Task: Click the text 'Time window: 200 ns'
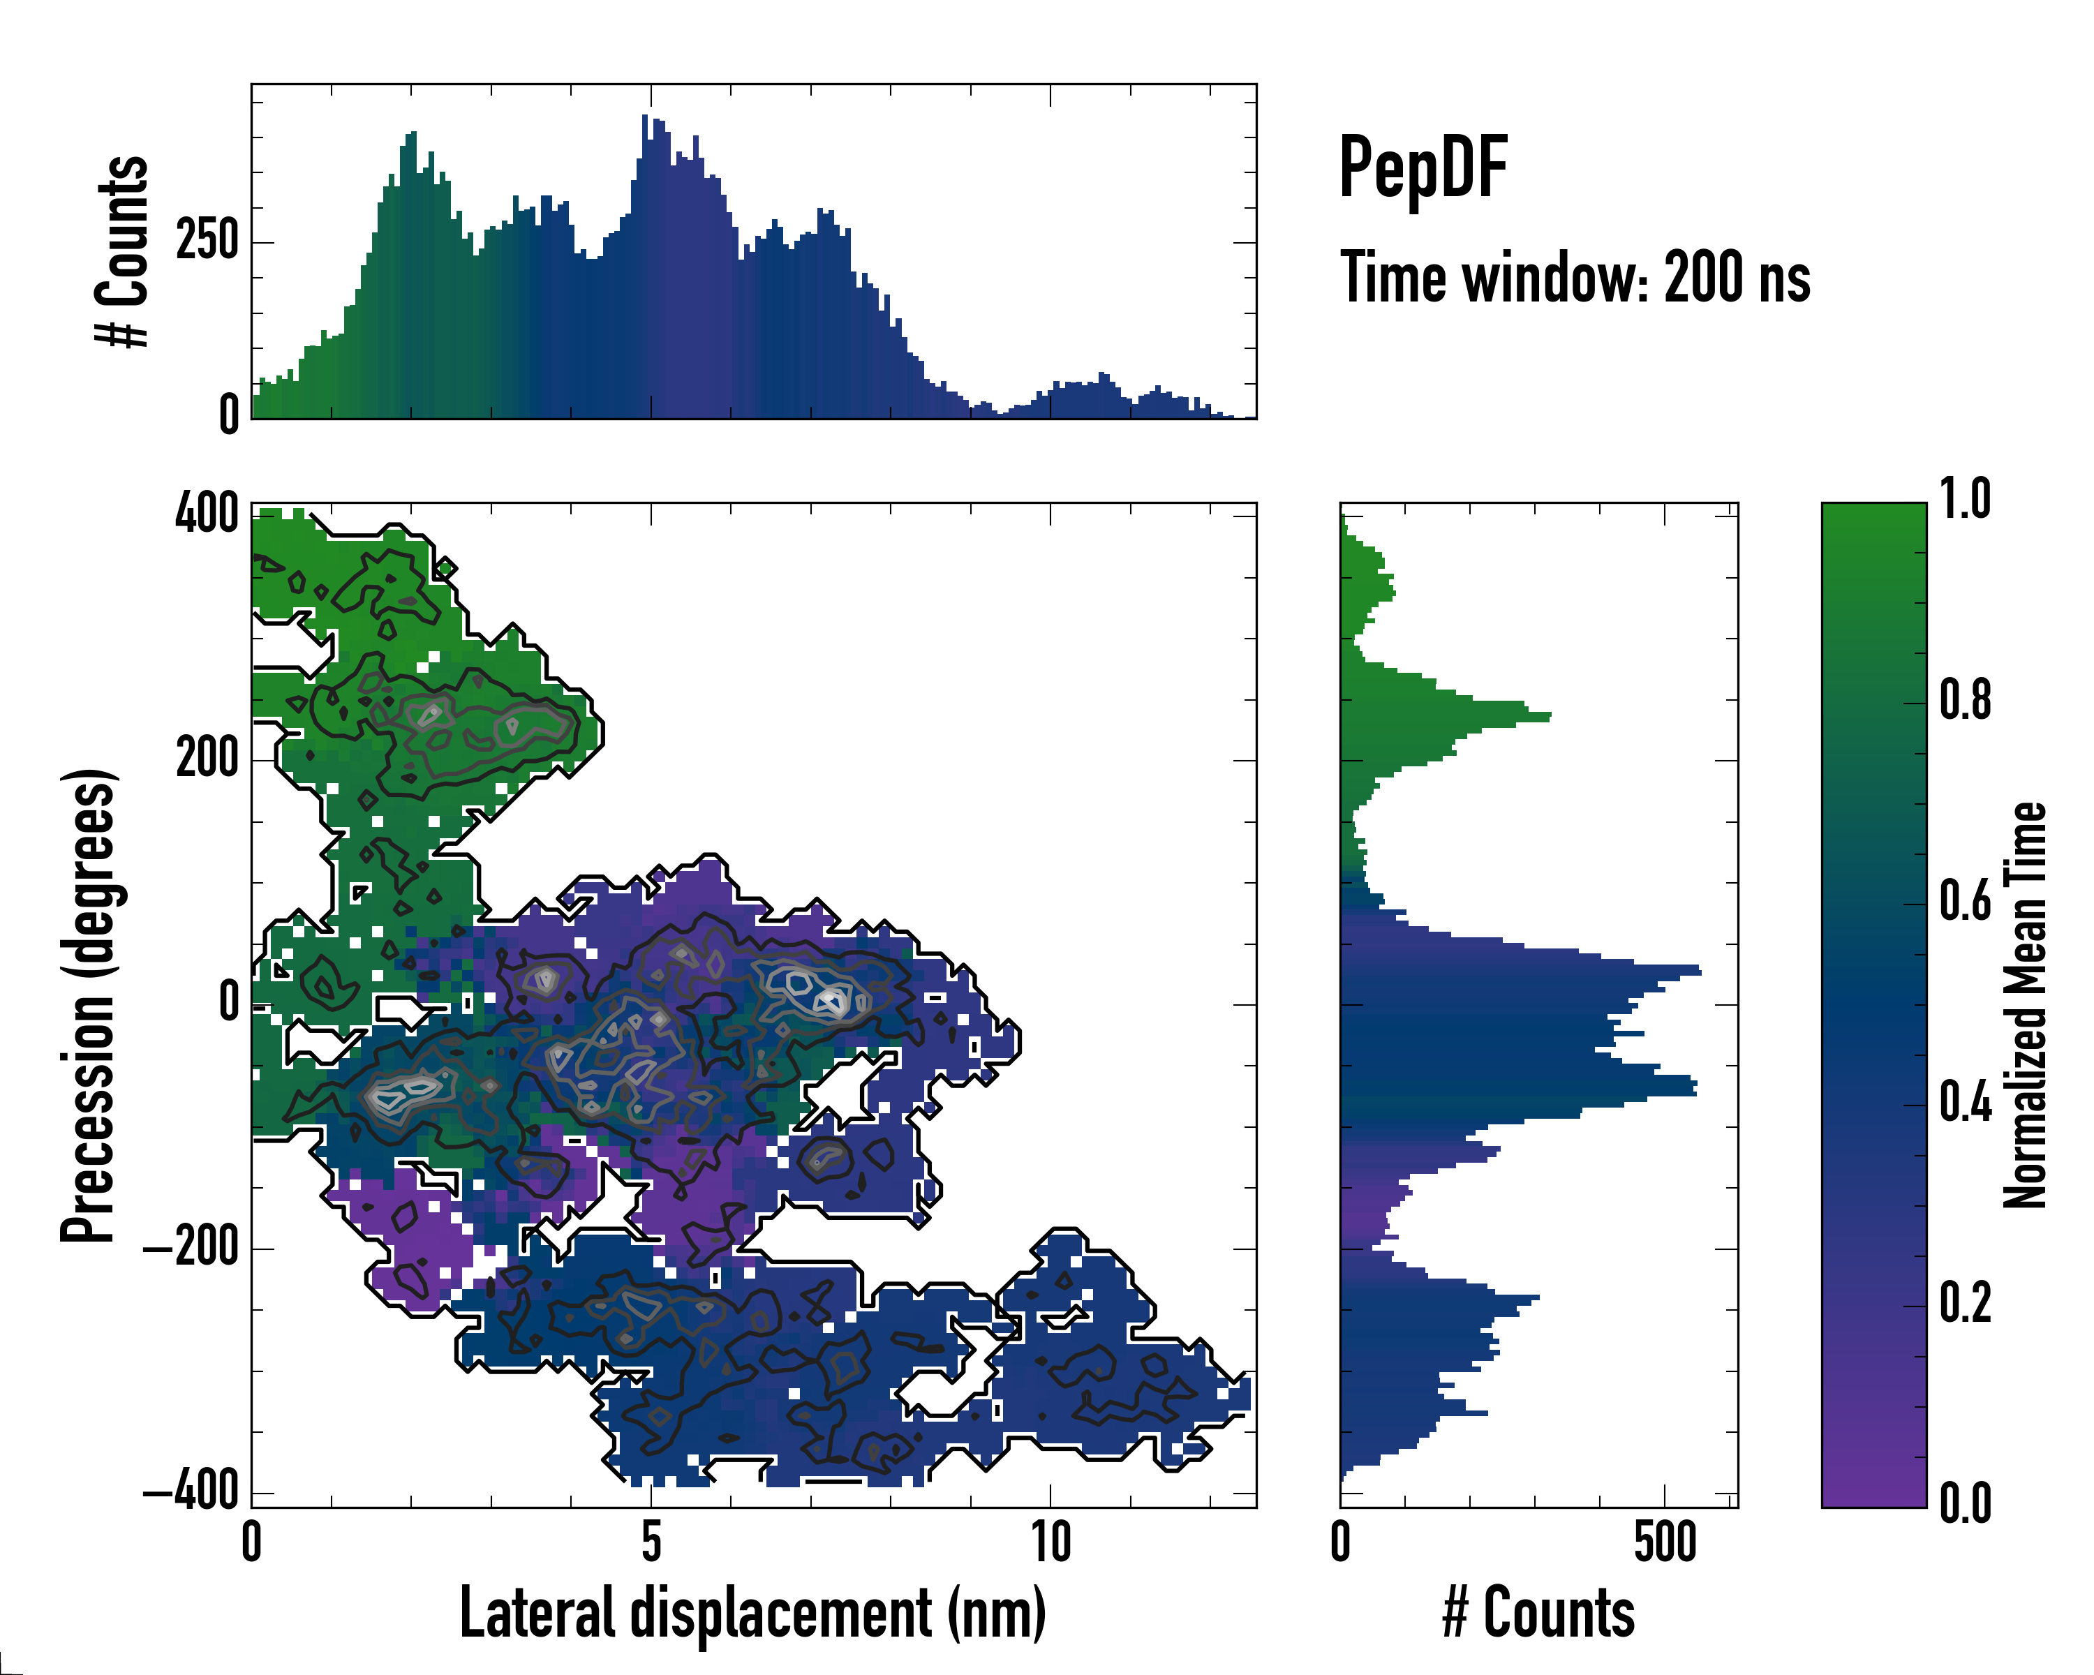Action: [x=1575, y=278]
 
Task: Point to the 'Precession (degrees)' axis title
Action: [x=89, y=1005]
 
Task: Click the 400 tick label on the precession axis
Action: [x=207, y=513]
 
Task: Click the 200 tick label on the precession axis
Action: [x=207, y=759]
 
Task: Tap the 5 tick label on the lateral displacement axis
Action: [x=651, y=1542]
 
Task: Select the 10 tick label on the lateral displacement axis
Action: [x=1050, y=1542]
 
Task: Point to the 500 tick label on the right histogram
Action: [x=1665, y=1542]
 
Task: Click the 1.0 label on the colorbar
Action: [x=1965, y=500]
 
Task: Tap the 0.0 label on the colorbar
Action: [x=1965, y=1504]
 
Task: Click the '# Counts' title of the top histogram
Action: [x=124, y=251]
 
